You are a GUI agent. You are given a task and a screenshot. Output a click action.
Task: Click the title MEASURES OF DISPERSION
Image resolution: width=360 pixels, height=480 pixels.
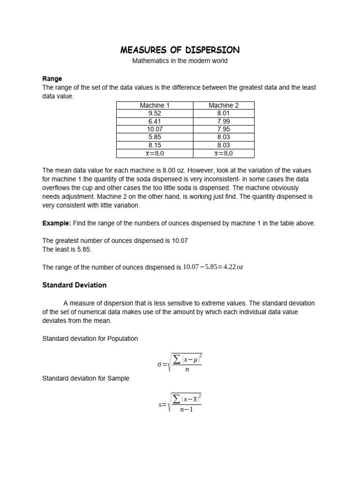180,50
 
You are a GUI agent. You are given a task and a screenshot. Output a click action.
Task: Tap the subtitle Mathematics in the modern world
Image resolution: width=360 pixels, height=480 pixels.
180,61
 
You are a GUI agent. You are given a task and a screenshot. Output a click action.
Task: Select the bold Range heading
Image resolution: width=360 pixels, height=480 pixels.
52,79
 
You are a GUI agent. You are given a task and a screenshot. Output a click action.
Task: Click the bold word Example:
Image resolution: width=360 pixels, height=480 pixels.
57,224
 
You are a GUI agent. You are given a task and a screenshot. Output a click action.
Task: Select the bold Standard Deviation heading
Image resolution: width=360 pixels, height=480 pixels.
75,285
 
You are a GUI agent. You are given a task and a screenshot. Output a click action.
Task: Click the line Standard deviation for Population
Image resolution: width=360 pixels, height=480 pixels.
90,338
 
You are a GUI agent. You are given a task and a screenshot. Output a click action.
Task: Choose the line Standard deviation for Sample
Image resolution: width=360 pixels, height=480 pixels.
86,378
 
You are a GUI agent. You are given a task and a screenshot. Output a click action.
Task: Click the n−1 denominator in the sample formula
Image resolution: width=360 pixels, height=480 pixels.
186,410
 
